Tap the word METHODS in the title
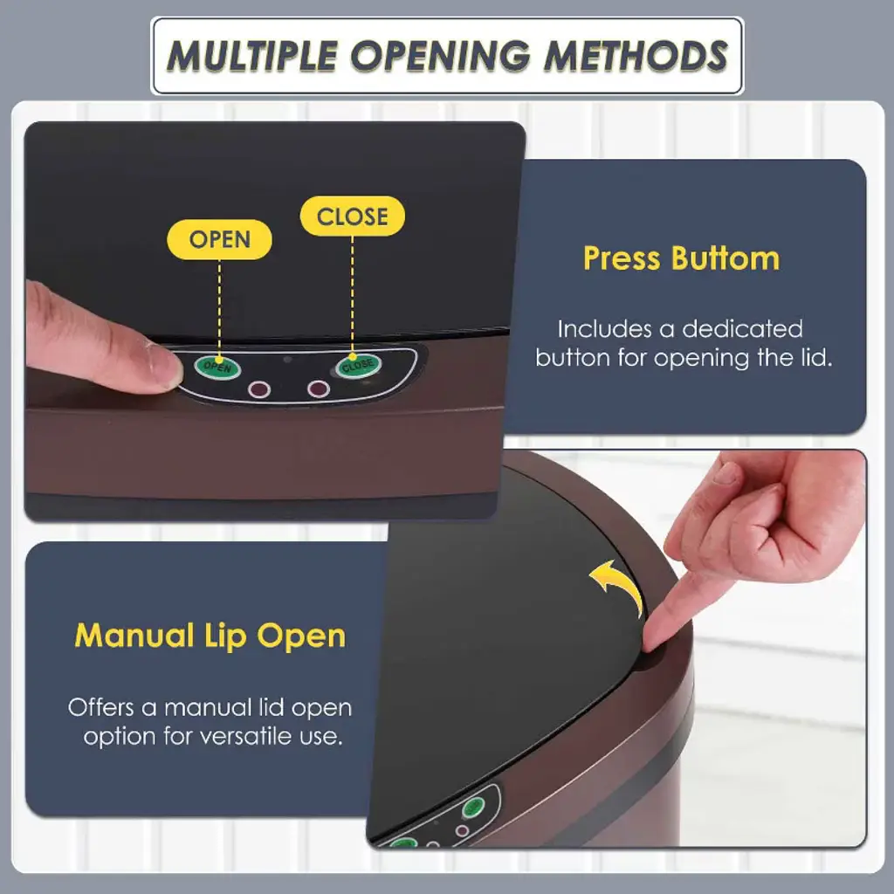click(x=636, y=56)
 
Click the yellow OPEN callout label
click(x=219, y=239)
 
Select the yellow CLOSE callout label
click(x=353, y=217)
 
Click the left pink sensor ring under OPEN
click(x=258, y=389)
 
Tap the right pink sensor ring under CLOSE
click(x=318, y=389)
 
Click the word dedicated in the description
click(x=742, y=329)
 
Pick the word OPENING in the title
click(x=440, y=56)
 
